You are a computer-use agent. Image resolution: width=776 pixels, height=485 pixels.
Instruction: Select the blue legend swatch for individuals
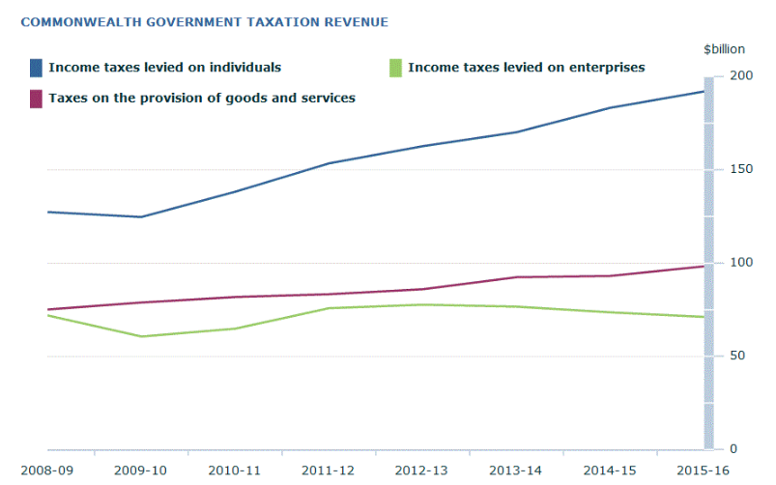tap(36, 68)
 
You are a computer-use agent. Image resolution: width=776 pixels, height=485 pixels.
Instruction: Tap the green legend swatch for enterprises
tap(393, 68)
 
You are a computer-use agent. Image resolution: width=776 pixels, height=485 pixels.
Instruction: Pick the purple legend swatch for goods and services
tap(36, 98)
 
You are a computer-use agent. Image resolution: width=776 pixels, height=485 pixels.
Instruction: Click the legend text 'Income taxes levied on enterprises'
tap(526, 68)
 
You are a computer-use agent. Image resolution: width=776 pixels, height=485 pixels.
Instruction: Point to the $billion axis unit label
tap(721, 48)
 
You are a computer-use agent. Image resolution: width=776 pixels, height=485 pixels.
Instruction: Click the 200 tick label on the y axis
tap(741, 75)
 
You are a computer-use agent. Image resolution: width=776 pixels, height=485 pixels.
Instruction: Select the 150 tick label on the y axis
tap(741, 169)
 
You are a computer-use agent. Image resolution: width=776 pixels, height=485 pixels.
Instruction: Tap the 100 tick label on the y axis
tap(741, 263)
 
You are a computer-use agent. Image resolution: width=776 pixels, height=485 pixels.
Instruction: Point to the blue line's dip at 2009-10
tap(141, 216)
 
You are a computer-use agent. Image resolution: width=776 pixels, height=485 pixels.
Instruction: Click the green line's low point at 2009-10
tap(141, 336)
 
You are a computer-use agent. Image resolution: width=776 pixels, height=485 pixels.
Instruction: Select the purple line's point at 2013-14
tap(517, 277)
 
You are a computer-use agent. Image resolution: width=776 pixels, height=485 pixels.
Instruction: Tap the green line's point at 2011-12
tap(329, 308)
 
